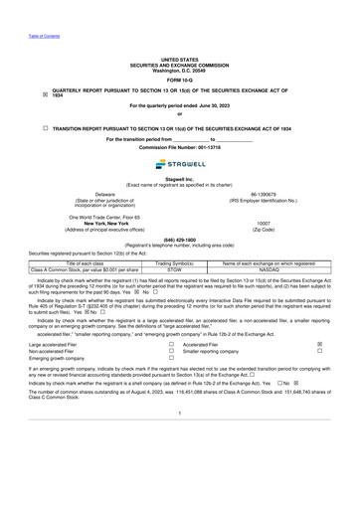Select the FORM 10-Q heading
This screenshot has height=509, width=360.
[x=179, y=80]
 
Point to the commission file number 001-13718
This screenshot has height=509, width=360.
[x=198, y=147]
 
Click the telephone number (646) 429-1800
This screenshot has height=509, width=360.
[x=179, y=240]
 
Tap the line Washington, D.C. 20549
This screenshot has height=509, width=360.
[x=179, y=69]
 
